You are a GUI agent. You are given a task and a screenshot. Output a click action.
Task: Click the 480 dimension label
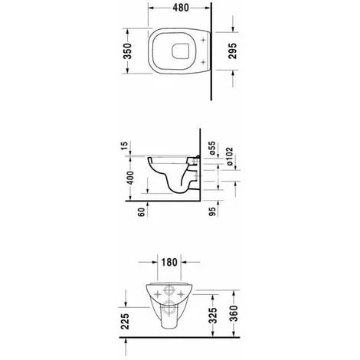coord(181,8)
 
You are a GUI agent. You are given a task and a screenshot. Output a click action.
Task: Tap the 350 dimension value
coord(128,51)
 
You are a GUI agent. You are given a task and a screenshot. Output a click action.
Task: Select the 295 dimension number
coord(232,51)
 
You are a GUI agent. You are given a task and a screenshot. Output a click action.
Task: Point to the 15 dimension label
coord(124,146)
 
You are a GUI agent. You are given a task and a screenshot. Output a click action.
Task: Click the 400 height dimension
coord(130,178)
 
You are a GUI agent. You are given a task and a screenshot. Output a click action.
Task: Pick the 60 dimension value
coord(141,212)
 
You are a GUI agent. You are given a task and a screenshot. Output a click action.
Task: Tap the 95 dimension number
coord(212,211)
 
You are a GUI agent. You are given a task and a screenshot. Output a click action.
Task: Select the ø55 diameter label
coord(212,148)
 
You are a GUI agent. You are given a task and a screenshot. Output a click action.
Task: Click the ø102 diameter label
coord(230,156)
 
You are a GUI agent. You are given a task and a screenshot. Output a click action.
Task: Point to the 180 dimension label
coord(169,262)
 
